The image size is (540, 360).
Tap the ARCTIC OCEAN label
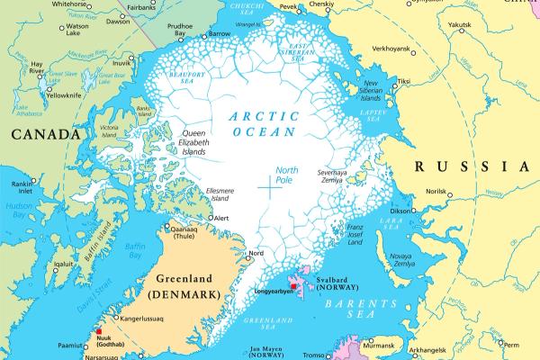click(262, 123)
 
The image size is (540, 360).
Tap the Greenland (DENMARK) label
click(190, 285)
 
